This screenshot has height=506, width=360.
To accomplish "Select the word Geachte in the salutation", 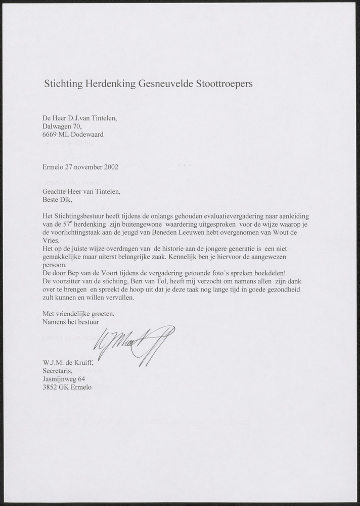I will [55, 192].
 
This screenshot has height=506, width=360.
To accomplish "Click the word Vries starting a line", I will [51, 241].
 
